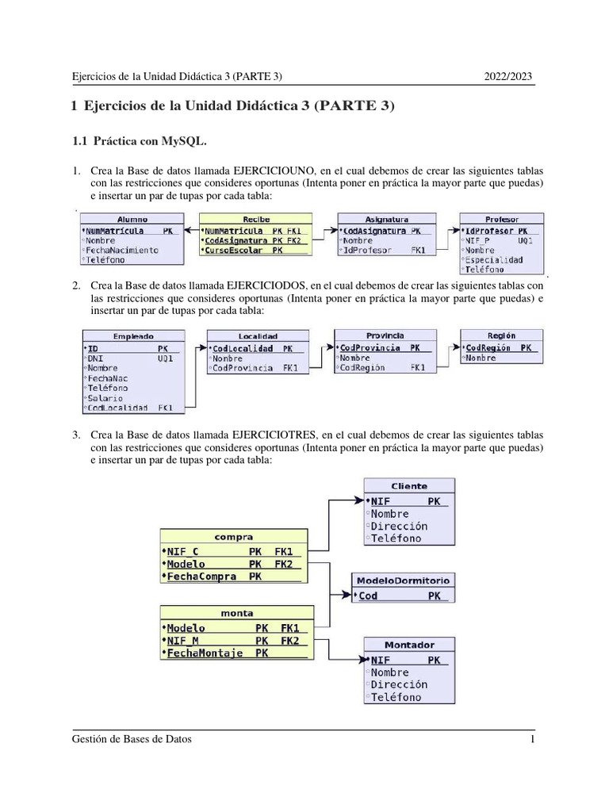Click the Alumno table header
(132, 219)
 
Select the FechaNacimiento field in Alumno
(122, 250)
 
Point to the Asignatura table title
(386, 219)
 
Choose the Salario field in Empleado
(106, 397)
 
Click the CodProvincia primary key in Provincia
(370, 348)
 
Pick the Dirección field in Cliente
(399, 526)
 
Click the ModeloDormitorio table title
(403, 580)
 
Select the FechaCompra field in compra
(202, 576)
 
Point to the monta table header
(236, 613)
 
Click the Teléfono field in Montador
(396, 697)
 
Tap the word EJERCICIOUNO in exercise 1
(268, 170)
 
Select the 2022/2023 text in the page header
(508, 76)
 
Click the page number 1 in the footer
(534, 740)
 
